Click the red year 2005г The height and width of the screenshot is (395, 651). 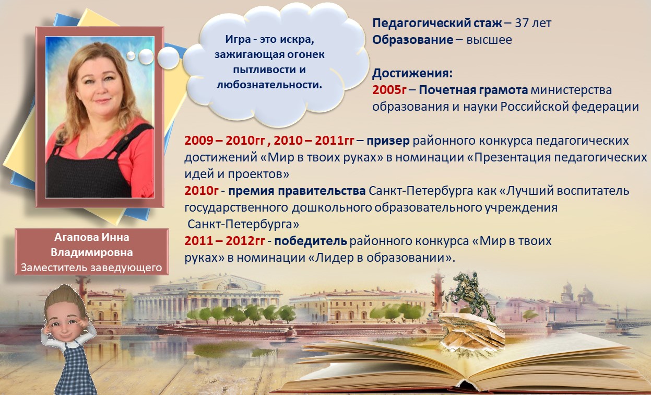(x=389, y=90)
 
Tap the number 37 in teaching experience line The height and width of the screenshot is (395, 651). (x=523, y=23)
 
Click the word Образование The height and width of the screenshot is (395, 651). (x=412, y=40)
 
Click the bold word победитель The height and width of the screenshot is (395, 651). (x=311, y=241)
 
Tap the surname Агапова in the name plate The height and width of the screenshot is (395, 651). (x=76, y=237)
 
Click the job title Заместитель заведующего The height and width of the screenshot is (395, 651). (x=92, y=268)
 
